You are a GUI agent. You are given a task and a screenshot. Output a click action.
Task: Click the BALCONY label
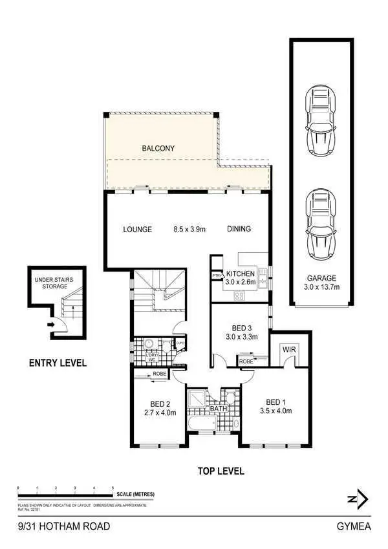click(x=158, y=148)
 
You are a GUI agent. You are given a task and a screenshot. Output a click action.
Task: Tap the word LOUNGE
click(x=138, y=229)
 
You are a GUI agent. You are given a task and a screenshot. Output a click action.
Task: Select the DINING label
click(x=239, y=229)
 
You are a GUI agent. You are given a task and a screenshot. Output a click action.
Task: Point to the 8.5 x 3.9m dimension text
click(x=189, y=229)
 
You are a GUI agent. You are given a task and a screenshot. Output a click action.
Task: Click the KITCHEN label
click(x=241, y=273)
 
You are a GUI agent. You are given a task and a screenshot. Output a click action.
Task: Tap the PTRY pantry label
click(x=217, y=277)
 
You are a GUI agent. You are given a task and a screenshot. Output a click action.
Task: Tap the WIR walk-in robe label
click(x=286, y=349)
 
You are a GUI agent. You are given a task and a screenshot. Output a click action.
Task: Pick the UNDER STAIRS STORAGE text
click(x=55, y=283)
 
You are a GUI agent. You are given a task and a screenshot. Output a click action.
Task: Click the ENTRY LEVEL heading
click(x=58, y=363)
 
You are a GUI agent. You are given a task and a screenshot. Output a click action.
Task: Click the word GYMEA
click(x=354, y=526)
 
